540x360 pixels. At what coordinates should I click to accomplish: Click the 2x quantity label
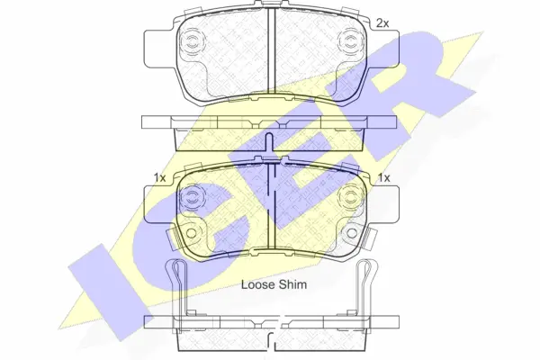(x=382, y=22)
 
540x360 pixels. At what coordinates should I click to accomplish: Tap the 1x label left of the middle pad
(x=158, y=178)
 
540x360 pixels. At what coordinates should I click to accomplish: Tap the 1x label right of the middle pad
(x=383, y=178)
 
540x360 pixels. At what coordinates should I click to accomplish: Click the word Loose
(x=256, y=284)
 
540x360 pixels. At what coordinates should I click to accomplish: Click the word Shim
(x=293, y=284)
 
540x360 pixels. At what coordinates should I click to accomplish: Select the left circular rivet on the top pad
(x=193, y=40)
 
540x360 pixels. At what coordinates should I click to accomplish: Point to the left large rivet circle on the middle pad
(x=193, y=199)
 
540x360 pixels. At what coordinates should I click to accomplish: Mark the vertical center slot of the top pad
(x=270, y=54)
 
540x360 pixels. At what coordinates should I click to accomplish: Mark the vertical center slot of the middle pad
(x=270, y=207)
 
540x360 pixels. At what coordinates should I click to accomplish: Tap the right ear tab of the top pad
(x=381, y=41)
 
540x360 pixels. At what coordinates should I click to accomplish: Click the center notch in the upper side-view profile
(x=270, y=122)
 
